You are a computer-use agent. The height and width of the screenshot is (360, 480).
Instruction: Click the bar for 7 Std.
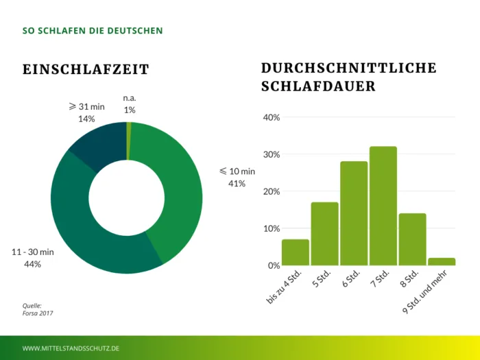pos(383,206)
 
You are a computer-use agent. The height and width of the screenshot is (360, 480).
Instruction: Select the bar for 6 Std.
pos(354,213)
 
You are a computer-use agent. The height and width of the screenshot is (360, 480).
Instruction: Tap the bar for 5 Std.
pos(324,234)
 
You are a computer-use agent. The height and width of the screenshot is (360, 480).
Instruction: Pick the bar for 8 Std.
pos(412,239)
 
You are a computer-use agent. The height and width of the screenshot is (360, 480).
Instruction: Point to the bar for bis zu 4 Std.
pos(296,252)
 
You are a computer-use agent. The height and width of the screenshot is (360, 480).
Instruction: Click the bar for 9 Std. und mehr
pos(442,261)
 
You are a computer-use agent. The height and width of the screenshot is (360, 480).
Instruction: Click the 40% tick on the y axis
pos(272,117)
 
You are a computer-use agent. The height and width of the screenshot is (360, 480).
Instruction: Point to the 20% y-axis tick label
pos(272,191)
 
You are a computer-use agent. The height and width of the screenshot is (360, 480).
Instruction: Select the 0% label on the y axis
pos(274,265)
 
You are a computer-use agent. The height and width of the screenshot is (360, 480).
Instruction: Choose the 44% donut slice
pos(89,226)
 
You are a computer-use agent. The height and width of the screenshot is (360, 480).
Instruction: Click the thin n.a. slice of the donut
pos(129,140)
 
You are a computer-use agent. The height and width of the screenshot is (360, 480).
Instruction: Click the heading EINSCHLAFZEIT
pos(86,69)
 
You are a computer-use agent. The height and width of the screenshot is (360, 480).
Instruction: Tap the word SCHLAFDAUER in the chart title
pos(318,86)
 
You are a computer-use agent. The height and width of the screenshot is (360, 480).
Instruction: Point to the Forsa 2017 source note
pos(38,313)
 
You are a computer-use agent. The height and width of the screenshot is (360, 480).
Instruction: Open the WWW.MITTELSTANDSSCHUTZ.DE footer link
pos(71,348)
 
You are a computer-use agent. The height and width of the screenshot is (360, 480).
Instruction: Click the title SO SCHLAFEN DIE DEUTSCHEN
pos(93,31)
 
